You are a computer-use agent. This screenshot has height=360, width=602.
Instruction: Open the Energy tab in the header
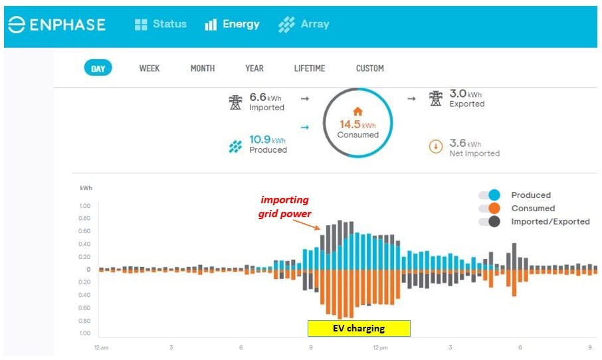(x=232, y=25)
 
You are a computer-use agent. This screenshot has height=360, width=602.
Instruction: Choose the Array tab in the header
(x=304, y=25)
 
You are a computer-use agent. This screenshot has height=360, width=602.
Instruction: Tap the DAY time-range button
(x=98, y=68)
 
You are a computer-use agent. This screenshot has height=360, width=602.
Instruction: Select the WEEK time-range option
(x=150, y=68)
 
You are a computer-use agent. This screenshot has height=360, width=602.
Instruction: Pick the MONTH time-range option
(x=203, y=68)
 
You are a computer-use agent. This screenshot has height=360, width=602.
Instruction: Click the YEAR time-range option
(x=254, y=68)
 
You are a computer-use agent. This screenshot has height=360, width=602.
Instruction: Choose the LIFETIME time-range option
(x=310, y=68)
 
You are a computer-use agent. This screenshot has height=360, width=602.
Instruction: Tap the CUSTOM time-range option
(x=369, y=68)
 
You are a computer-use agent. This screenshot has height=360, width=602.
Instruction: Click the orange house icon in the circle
(x=357, y=112)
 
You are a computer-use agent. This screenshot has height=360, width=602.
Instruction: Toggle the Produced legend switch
(x=490, y=195)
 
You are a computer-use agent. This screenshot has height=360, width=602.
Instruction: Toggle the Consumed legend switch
(x=490, y=209)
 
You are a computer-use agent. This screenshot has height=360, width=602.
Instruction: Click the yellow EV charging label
(x=359, y=328)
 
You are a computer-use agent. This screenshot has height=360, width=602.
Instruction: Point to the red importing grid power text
(x=284, y=207)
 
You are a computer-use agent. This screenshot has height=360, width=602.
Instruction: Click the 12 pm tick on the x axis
(x=380, y=347)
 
